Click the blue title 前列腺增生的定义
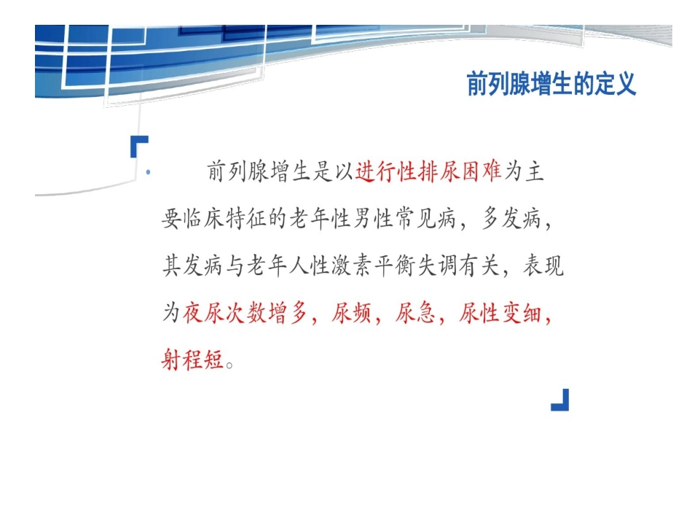click(x=551, y=84)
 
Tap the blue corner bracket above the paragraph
click(x=138, y=145)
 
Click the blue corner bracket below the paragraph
click(x=560, y=400)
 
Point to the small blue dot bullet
click(x=149, y=173)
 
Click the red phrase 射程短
click(x=192, y=360)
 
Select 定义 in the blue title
click(x=616, y=84)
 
